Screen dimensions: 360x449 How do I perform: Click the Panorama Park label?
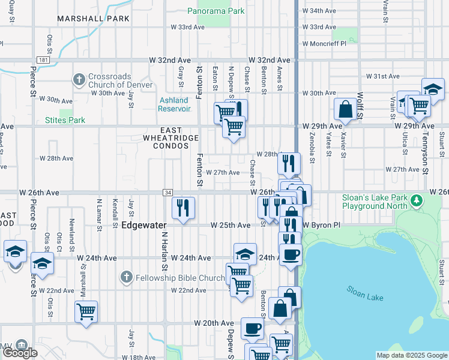click(215, 11)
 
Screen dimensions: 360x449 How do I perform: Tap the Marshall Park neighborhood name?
click(94, 19)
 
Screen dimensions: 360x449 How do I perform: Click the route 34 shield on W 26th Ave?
click(167, 192)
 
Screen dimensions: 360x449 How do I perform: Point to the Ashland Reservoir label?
click(174, 104)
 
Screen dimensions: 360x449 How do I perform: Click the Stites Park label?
click(65, 120)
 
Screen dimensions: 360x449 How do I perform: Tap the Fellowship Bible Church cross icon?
click(125, 277)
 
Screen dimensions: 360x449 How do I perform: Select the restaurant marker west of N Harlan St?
click(183, 208)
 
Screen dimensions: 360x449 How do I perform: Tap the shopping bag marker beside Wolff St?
click(346, 109)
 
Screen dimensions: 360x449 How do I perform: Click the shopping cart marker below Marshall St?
click(86, 311)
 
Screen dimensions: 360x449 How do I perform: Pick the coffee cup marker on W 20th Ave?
click(252, 328)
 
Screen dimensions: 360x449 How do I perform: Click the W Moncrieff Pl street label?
click(325, 44)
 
